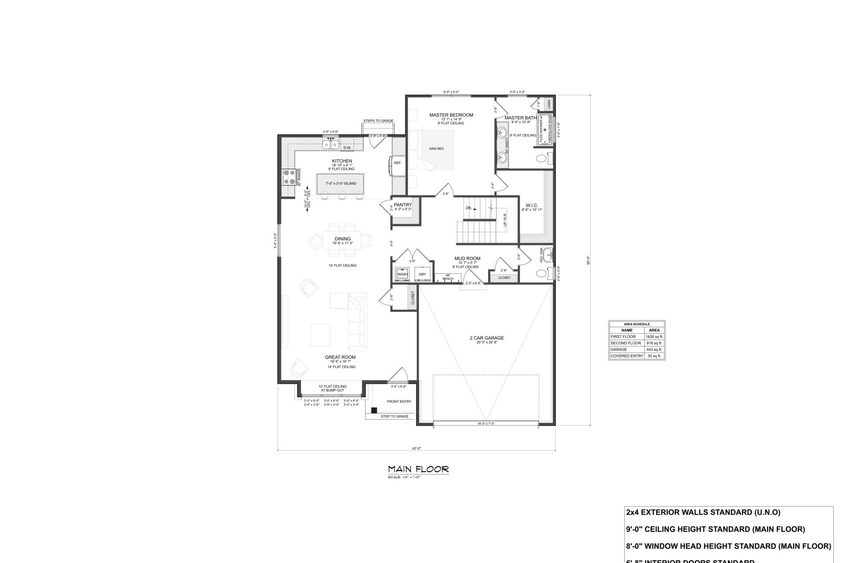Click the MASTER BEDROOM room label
tap(451, 115)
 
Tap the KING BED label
tap(436, 149)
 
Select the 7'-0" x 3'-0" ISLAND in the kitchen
tap(341, 183)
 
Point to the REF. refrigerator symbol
tap(397, 163)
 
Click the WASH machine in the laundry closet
tap(402, 274)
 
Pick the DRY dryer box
tap(422, 274)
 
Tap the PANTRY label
tap(402, 205)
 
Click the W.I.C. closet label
tap(532, 205)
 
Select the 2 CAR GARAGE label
tap(486, 338)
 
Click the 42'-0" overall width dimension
tap(416, 448)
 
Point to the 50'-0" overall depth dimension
tap(588, 260)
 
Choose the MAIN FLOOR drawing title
tap(418, 470)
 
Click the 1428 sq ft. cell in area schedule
tap(654, 336)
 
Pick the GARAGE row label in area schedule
tap(618, 349)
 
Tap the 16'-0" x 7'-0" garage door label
tap(486, 424)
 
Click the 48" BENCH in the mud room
tap(448, 277)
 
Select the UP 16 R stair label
tap(505, 219)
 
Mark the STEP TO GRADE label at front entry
tap(394, 416)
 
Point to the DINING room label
tap(342, 239)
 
